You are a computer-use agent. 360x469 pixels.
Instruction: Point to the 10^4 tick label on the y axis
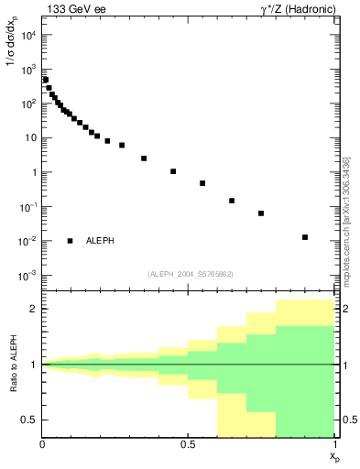point(27,35)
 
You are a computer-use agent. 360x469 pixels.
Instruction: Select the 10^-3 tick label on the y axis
point(27,276)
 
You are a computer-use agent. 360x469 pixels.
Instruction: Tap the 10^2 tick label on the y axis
point(27,104)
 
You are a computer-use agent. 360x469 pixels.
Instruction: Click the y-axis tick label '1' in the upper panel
point(34,172)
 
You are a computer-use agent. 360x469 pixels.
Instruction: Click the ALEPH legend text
point(101,241)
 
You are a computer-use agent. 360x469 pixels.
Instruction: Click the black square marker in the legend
point(71,241)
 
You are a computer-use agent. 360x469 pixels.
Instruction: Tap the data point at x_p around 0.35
point(144,158)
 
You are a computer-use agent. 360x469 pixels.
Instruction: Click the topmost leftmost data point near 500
point(46,80)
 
